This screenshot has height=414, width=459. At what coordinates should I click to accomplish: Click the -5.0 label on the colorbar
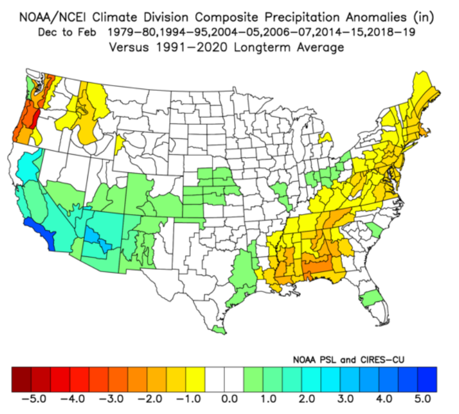[x=34, y=399]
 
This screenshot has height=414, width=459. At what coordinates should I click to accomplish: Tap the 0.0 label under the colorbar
[x=229, y=399]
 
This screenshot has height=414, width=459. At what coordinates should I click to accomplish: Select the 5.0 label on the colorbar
[x=423, y=399]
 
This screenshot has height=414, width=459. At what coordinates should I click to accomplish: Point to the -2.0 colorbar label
[x=150, y=399]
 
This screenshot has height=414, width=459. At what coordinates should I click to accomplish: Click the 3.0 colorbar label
[x=345, y=399]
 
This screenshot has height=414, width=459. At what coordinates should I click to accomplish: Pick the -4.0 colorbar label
[x=73, y=399]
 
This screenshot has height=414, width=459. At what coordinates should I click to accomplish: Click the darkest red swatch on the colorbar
[x=21, y=379]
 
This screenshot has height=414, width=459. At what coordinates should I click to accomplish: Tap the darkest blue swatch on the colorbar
[x=427, y=379]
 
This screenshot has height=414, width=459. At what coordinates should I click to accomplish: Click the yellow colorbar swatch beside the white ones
[x=196, y=379]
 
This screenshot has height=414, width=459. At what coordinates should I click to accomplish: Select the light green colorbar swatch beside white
[x=253, y=379]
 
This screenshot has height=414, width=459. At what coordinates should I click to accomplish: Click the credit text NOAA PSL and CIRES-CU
[x=348, y=360]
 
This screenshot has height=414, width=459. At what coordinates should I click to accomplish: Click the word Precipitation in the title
[x=302, y=18]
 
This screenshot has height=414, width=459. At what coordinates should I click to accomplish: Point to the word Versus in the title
[x=129, y=47]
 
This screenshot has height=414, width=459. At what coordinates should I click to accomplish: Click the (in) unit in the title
[x=424, y=18]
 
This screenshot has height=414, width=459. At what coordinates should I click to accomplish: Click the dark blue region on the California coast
[x=42, y=232]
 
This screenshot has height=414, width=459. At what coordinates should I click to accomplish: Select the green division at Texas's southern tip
[x=220, y=330]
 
